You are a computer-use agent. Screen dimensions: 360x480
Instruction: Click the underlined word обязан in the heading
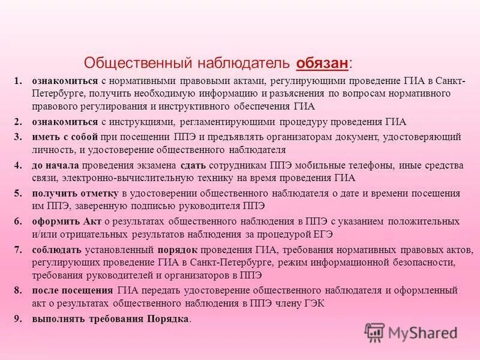(322, 63)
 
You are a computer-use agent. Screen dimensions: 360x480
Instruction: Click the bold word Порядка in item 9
(168, 319)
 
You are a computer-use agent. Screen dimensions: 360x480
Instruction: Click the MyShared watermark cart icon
(375, 332)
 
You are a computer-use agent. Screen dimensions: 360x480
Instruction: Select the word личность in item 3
(52, 149)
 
